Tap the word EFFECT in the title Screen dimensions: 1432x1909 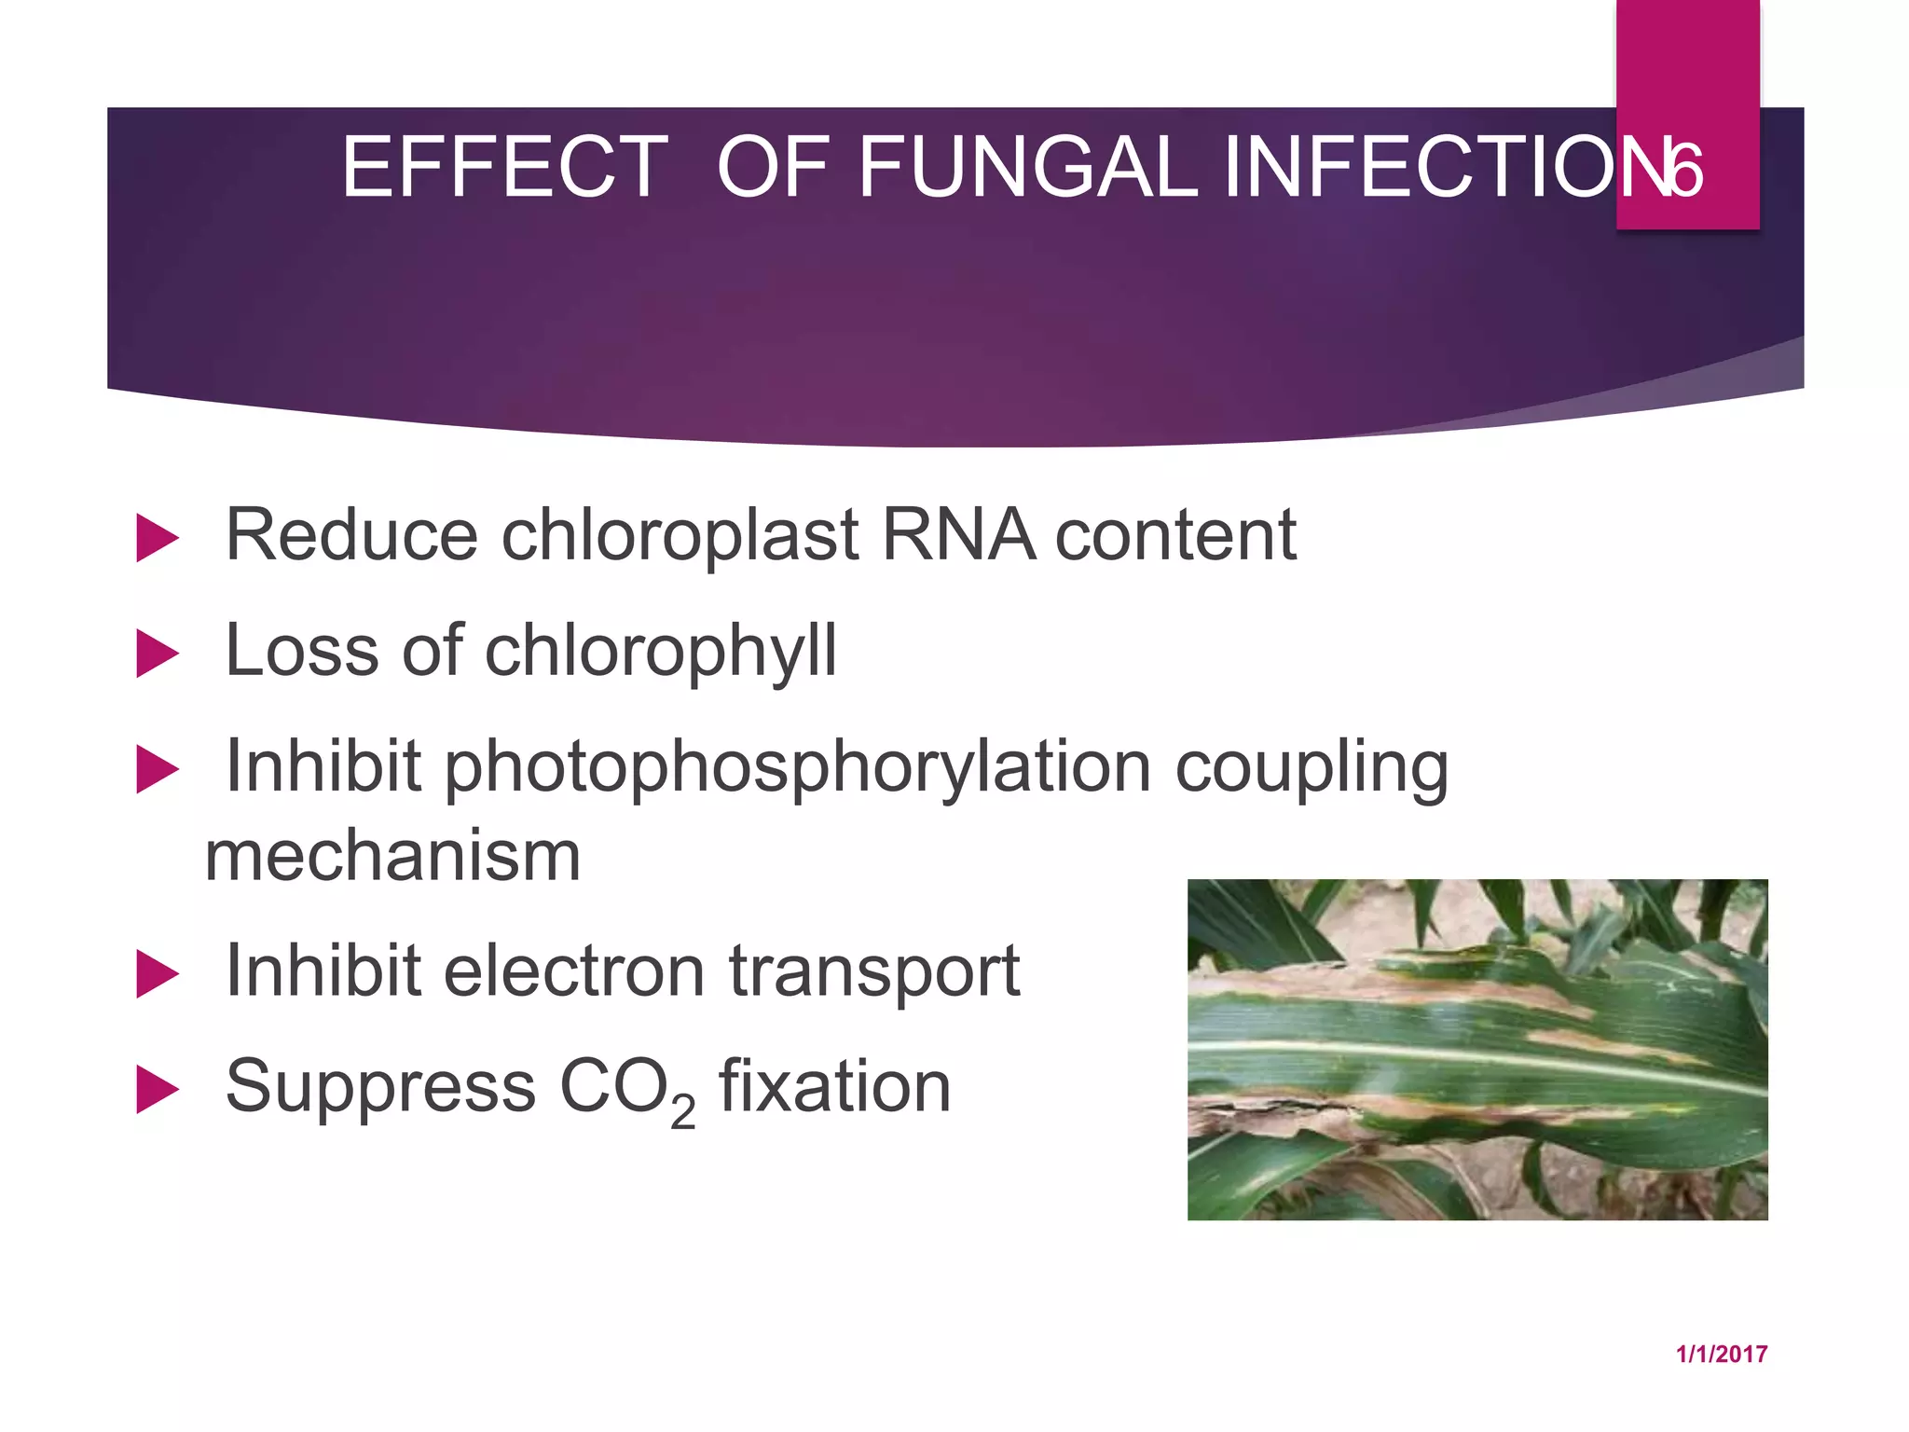pos(504,168)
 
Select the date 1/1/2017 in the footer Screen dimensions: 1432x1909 pos(1721,1355)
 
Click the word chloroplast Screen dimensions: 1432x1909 pos(680,536)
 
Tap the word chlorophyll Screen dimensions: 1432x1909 pos(661,651)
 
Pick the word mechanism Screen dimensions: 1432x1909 pos(392,856)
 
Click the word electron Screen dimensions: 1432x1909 pos(574,971)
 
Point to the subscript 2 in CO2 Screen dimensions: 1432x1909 pos(682,1112)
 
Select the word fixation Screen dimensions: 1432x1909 pos(834,1086)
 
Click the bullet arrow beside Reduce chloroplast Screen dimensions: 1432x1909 pos(156,538)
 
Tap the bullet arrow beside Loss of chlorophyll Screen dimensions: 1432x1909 pos(156,653)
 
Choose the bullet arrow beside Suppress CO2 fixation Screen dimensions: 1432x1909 pos(156,1089)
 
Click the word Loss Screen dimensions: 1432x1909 pos(302,650)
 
